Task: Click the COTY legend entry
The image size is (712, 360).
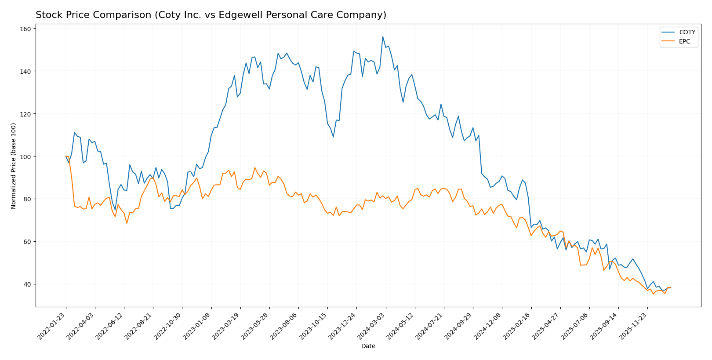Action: point(687,32)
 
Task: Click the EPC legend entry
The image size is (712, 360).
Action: point(684,42)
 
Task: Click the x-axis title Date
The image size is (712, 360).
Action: point(368,346)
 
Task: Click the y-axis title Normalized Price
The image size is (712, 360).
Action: point(14,166)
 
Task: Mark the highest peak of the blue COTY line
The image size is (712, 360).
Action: point(382,36)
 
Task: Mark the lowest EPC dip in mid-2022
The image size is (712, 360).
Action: point(127,223)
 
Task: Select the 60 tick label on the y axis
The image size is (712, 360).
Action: point(27,241)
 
